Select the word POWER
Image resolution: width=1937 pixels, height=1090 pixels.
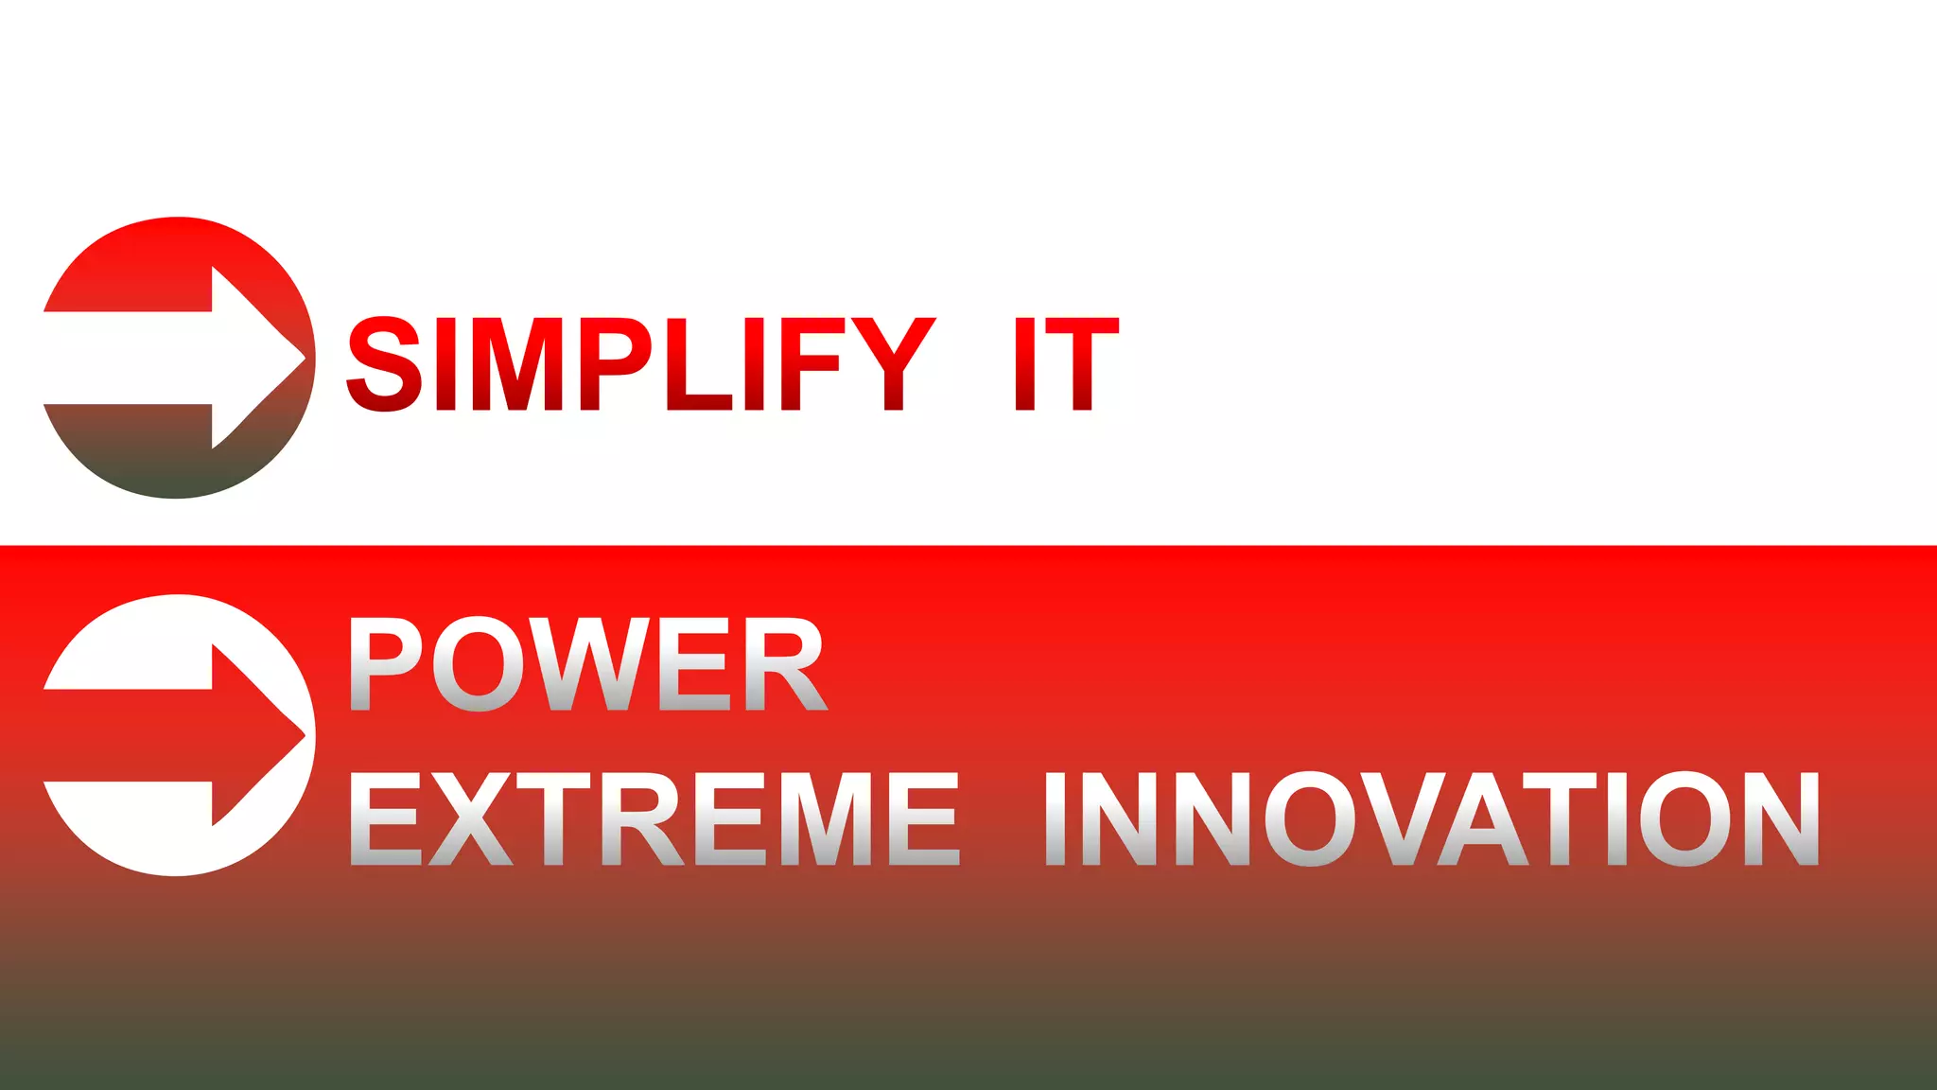coord(587,664)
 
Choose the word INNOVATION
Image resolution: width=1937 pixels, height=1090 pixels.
coord(1432,818)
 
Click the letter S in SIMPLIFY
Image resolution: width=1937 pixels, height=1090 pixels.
coord(384,363)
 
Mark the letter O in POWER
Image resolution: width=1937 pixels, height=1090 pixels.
coord(480,664)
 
